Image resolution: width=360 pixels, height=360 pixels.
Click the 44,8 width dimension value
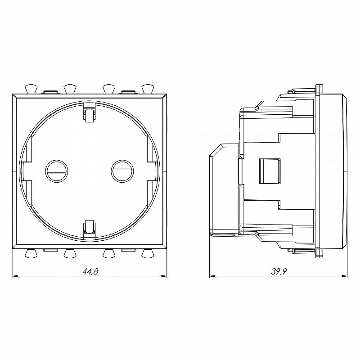(x=90, y=272)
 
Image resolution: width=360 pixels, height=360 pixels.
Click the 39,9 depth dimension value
(x=279, y=272)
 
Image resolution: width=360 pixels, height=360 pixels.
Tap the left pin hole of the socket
(x=57, y=171)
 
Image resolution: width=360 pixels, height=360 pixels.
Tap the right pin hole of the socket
(x=122, y=171)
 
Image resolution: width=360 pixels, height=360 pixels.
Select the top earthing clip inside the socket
(x=90, y=112)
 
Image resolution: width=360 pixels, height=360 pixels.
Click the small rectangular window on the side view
(x=270, y=171)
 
